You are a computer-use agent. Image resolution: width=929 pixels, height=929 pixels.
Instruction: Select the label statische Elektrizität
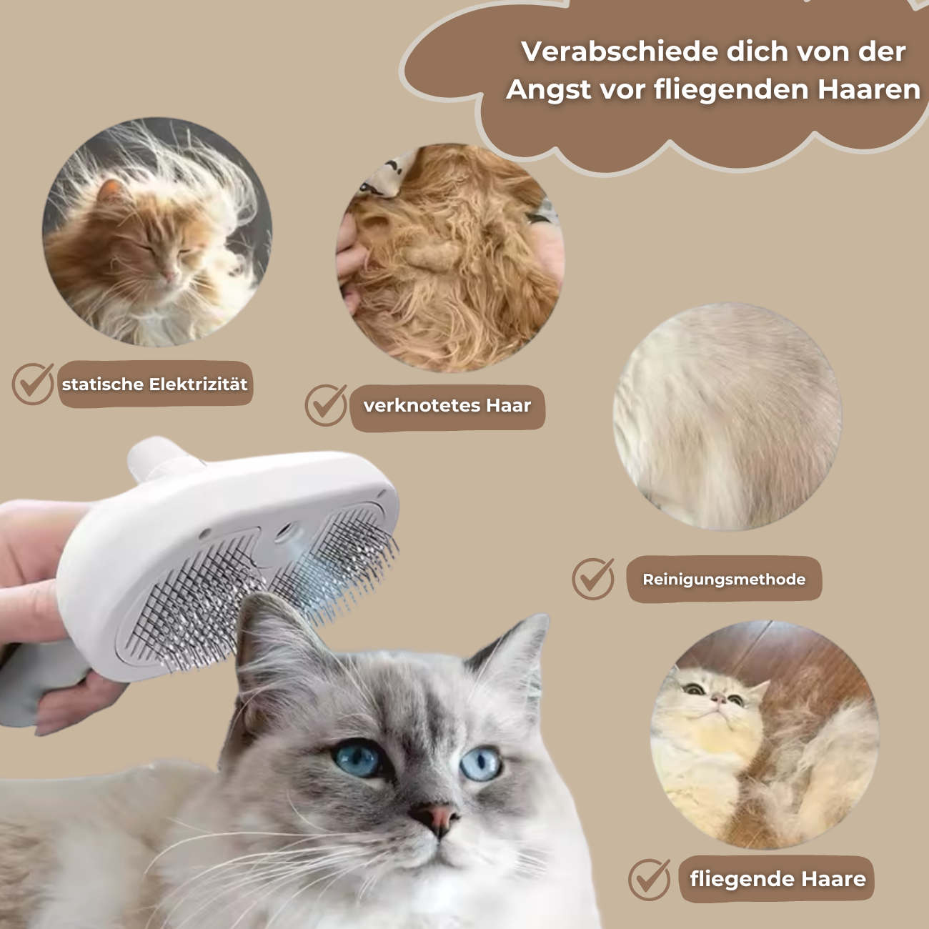point(154,384)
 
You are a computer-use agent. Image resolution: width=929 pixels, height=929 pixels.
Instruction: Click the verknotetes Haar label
point(447,406)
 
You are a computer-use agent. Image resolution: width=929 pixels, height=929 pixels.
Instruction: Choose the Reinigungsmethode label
point(723,580)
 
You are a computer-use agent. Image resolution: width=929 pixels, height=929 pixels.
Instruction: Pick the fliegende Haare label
point(778,879)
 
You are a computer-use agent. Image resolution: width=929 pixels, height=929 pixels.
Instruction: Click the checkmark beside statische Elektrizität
point(33,384)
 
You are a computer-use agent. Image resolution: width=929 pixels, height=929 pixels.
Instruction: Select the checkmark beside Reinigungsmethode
point(593,578)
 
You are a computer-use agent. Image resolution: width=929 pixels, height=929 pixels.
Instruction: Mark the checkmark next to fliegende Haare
point(649,879)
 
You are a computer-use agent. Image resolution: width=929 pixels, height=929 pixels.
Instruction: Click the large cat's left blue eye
point(357,758)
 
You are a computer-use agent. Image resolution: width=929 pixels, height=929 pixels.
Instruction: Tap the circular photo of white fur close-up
point(727,417)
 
